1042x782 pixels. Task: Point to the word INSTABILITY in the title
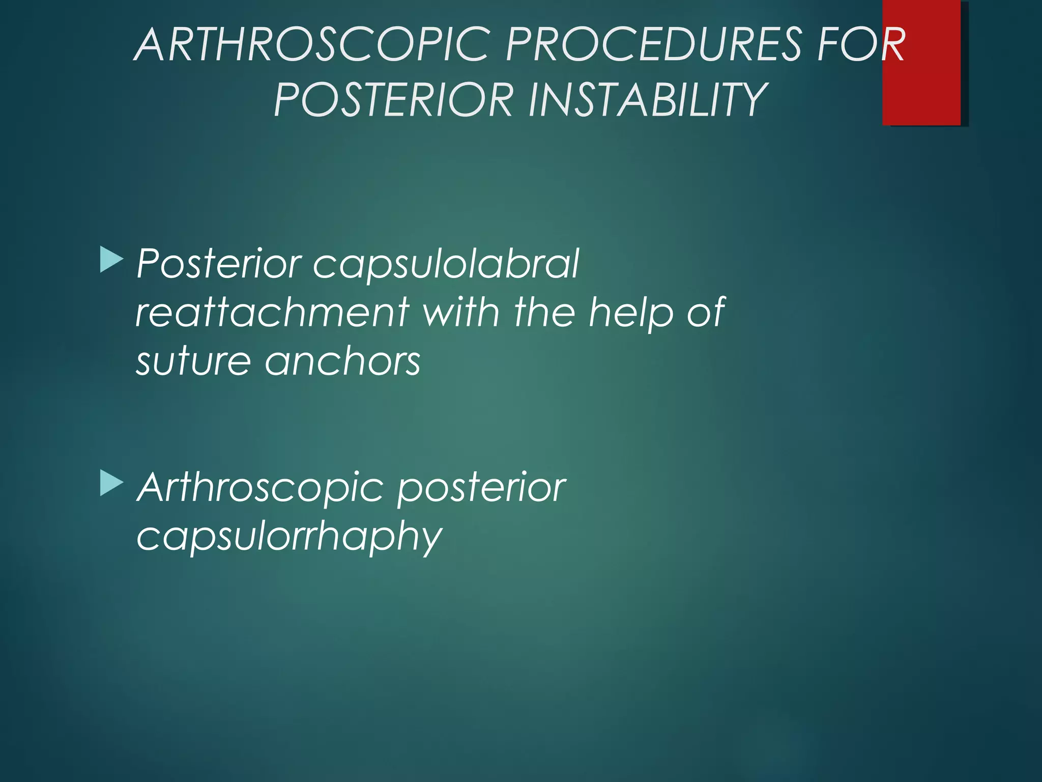pyautogui.click(x=647, y=99)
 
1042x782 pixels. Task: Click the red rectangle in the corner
pyautogui.click(x=921, y=62)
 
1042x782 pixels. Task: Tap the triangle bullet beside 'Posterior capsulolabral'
pyautogui.click(x=111, y=259)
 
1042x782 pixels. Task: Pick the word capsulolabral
pyautogui.click(x=446, y=264)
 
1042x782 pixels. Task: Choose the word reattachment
pyautogui.click(x=273, y=312)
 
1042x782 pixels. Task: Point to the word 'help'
pyautogui.click(x=630, y=313)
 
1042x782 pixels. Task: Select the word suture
pyautogui.click(x=194, y=361)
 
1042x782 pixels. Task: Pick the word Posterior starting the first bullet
pyautogui.click(x=219, y=264)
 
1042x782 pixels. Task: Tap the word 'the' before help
pyautogui.click(x=544, y=312)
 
